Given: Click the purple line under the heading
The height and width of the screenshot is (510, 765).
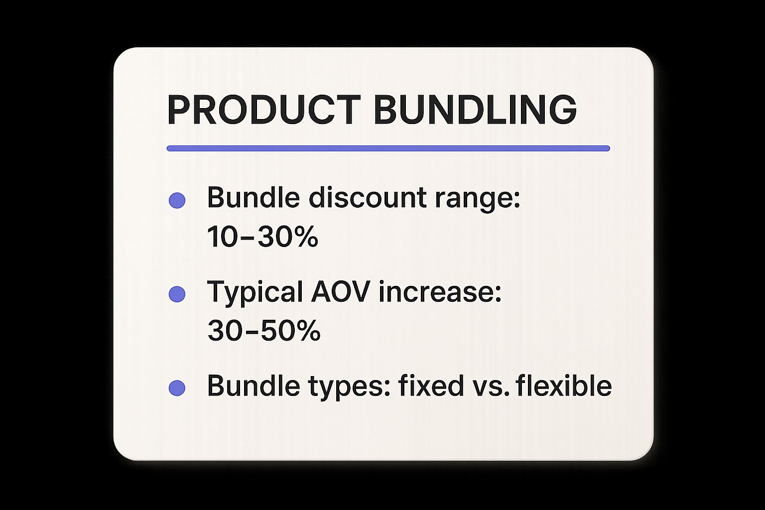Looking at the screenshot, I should [x=388, y=148].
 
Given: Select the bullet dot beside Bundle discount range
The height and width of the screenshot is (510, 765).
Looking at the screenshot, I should [x=177, y=200].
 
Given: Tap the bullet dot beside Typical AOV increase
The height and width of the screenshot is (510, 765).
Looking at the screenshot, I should [x=177, y=294].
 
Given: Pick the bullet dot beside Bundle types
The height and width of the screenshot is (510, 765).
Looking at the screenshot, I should [x=177, y=388].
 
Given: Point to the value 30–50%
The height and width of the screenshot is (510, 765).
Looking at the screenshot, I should [x=263, y=330].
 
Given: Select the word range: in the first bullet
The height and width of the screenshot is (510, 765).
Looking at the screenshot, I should [x=478, y=198].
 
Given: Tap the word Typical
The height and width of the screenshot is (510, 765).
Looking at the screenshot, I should [x=255, y=292].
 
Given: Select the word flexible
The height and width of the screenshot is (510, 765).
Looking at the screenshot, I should [x=564, y=385].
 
